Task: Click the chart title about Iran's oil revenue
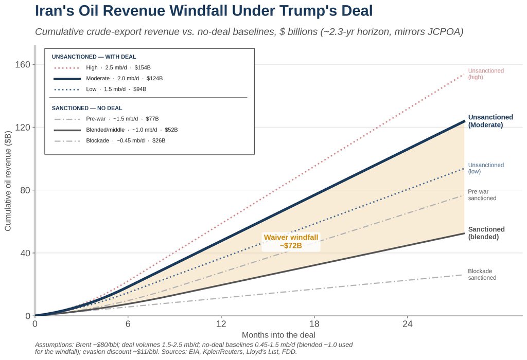[204, 11]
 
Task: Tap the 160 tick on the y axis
[23, 64]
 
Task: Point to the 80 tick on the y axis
[25, 190]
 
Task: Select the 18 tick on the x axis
[314, 323]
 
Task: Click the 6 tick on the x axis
[128, 323]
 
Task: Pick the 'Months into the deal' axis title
[278, 335]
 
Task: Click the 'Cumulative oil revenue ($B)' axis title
[8, 181]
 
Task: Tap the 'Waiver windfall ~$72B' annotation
[291, 241]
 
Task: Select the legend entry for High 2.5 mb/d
[102, 67]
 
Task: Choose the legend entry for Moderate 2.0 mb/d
[108, 78]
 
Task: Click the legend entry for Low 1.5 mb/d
[100, 89]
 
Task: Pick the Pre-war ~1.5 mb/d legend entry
[106, 119]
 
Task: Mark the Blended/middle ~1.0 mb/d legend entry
[116, 130]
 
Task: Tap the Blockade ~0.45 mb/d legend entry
[110, 140]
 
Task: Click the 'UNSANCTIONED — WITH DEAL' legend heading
[94, 57]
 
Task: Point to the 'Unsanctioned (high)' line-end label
[486, 74]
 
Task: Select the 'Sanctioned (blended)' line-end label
[486, 233]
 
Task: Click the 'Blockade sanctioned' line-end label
[482, 274]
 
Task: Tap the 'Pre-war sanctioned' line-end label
[482, 195]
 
